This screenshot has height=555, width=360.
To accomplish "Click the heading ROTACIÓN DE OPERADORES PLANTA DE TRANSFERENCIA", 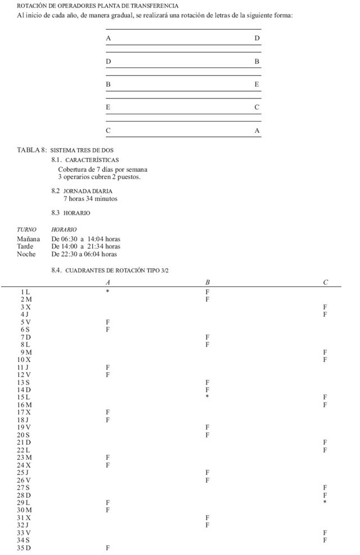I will pyautogui.click(x=97, y=6).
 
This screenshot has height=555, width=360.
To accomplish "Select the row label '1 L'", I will pyautogui.click(x=25, y=292).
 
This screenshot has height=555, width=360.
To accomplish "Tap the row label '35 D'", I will pyautogui.click(x=25, y=548).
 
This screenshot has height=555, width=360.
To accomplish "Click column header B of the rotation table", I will pyautogui.click(x=208, y=282).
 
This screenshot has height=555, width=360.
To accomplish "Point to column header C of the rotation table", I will pyautogui.click(x=325, y=282).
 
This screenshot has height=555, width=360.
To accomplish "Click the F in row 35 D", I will pyautogui.click(x=107, y=548).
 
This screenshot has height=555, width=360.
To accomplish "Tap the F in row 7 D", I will pyautogui.click(x=208, y=337).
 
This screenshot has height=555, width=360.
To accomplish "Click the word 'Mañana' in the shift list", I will pyautogui.click(x=28, y=239).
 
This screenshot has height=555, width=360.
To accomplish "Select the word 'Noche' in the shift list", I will pyautogui.click(x=26, y=254).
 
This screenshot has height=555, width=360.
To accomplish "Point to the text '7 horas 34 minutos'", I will pyautogui.click(x=90, y=199).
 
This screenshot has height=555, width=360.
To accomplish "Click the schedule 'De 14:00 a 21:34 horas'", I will pyautogui.click(x=85, y=247).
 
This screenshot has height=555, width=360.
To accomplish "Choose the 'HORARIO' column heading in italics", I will pyautogui.click(x=64, y=230).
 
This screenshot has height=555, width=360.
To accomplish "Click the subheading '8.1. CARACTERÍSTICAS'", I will pyautogui.click(x=85, y=160).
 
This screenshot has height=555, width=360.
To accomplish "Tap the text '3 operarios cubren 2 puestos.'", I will pyautogui.click(x=99, y=177).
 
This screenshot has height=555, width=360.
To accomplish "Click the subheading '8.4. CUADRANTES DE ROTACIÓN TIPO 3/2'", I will pyautogui.click(x=110, y=271).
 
